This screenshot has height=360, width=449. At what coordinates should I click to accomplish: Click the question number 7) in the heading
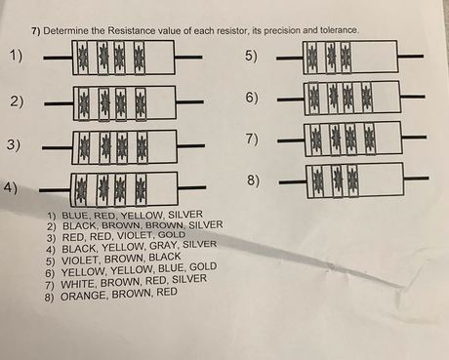35,31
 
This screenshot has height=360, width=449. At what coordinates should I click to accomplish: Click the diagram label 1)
17,55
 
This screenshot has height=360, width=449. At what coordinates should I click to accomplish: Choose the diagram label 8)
252,181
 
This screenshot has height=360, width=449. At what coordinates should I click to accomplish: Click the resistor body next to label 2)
124,101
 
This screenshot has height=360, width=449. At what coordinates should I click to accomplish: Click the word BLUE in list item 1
75,214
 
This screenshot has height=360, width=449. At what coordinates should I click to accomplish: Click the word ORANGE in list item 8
81,292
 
